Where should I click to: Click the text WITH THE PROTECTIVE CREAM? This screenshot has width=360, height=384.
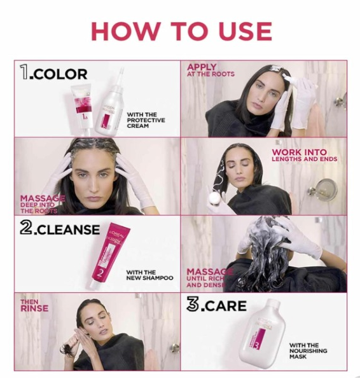[x=146, y=120]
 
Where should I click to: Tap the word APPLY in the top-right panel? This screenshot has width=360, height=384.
[x=202, y=67]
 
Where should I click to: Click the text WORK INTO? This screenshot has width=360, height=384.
[x=299, y=153]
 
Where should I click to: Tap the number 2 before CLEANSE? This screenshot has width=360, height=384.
[x=25, y=228]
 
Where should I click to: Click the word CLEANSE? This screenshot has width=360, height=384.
[x=68, y=230]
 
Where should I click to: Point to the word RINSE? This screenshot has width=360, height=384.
[x=33, y=308]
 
